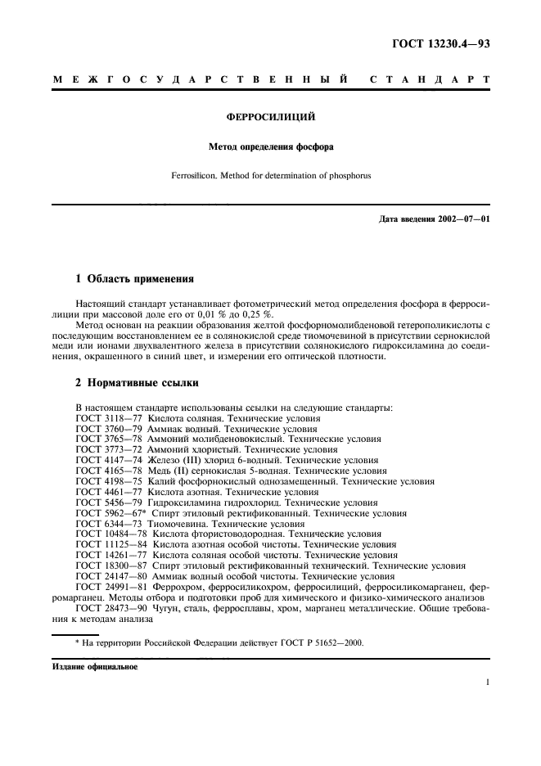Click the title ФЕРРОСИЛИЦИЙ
[270, 117]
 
